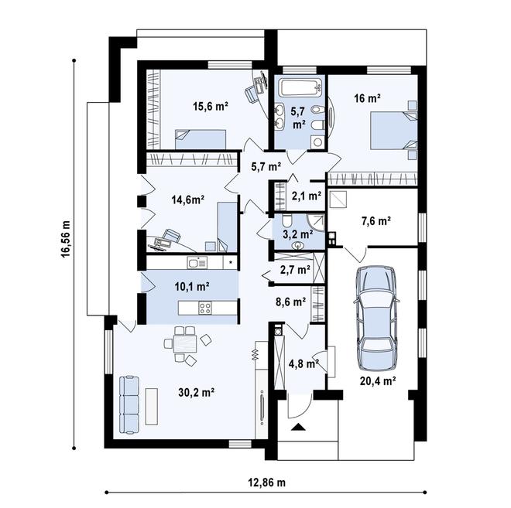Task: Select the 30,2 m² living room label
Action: (x=198, y=392)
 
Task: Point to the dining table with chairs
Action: (x=184, y=343)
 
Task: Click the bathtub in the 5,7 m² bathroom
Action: (x=298, y=87)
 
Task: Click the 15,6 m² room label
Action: (x=210, y=108)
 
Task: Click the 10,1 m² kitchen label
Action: (x=193, y=286)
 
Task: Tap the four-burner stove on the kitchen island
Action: (x=206, y=308)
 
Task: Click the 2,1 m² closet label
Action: (x=306, y=196)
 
